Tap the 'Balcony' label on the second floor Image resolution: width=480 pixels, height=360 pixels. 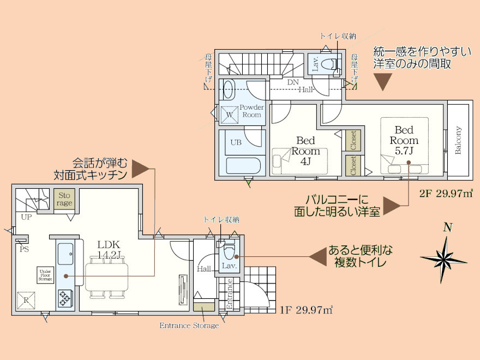click(x=458, y=141)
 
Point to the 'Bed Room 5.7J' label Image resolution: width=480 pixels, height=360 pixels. click(x=404, y=141)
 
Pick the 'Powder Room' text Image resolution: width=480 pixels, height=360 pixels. click(x=251, y=111)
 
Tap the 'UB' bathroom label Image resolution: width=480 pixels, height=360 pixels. click(x=236, y=142)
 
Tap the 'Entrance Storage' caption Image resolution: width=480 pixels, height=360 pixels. click(x=189, y=326)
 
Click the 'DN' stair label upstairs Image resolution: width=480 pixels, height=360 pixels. click(x=293, y=81)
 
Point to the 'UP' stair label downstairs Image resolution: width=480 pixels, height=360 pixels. click(x=26, y=217)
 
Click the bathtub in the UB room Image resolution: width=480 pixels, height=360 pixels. click(x=243, y=165)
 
